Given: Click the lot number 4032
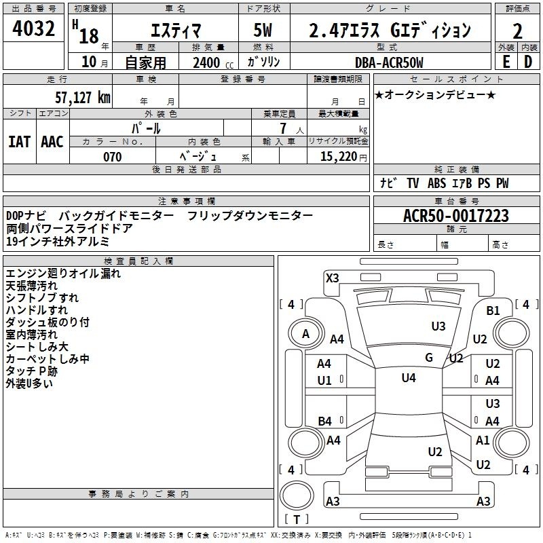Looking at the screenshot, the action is point(33,29).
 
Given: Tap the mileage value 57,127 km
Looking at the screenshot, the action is point(83,97).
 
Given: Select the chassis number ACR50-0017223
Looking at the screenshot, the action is point(456,215).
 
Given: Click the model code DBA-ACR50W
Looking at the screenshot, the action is point(389,62).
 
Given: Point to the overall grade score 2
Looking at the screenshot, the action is point(517,31).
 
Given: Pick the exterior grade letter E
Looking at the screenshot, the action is point(506,62).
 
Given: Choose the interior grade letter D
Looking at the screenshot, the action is point(528,62).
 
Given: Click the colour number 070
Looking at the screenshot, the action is point(113,157).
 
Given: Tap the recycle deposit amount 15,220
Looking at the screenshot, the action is point(339,157).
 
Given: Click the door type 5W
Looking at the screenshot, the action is point(263,30).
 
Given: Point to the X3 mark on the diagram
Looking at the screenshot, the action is point(333,278).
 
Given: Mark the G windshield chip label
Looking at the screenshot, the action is point(429,358).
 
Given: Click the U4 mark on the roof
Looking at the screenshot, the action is point(409,378).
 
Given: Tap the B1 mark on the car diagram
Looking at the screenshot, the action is point(493,311).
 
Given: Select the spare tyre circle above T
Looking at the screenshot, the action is point(297,496).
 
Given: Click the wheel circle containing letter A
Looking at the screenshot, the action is point(305,334).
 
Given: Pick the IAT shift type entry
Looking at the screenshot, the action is point(20,142).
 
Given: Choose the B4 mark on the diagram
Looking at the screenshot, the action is point(325,422).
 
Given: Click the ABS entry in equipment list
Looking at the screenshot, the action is point(436,183).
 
